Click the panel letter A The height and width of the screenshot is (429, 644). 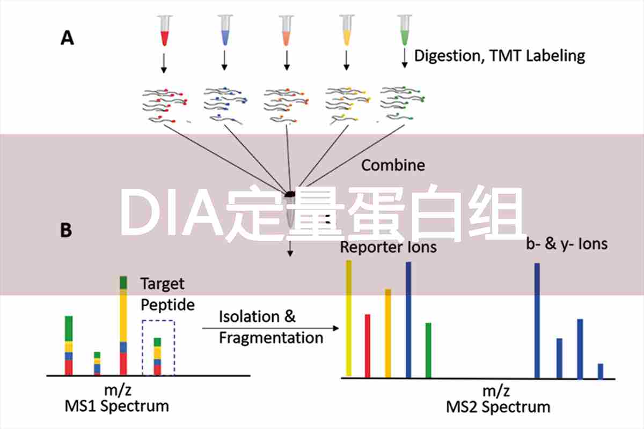click(x=67, y=39)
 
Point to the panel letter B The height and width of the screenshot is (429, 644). click(x=67, y=230)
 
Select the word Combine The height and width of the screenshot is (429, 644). click(x=393, y=165)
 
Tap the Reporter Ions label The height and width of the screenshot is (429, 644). click(x=389, y=247)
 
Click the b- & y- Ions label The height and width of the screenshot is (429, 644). click(x=567, y=244)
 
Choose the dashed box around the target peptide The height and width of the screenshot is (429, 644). click(x=158, y=347)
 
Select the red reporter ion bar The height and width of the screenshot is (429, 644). click(x=368, y=345)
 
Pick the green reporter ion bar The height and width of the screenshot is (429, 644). click(x=428, y=350)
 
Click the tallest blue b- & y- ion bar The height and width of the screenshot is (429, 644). click(x=537, y=320)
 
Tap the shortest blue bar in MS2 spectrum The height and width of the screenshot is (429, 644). click(x=600, y=371)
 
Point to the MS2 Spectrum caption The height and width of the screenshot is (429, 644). click(x=499, y=407)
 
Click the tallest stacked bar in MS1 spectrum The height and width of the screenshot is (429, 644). click(x=123, y=326)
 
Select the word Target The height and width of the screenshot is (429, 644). click(x=162, y=283)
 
